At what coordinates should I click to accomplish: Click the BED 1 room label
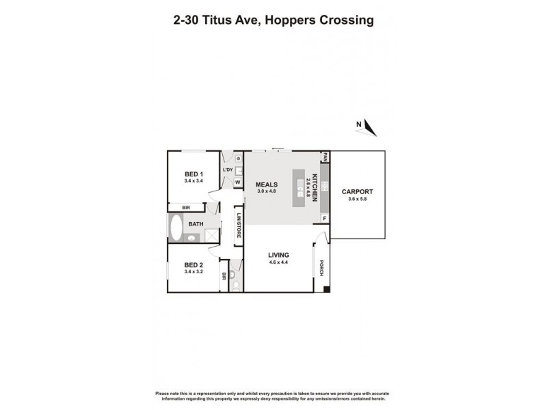point(194,174)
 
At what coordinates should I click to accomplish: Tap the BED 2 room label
point(194,265)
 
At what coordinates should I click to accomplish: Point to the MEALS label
point(266,184)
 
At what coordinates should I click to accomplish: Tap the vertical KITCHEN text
point(316,185)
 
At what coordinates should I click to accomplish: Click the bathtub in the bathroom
point(176,228)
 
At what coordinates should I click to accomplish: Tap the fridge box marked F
point(325,219)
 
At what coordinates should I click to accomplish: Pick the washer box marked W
point(237,182)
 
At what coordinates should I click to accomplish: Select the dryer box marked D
point(238,159)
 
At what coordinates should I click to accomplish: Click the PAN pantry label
point(325,158)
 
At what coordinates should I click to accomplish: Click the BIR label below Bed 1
point(185,207)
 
